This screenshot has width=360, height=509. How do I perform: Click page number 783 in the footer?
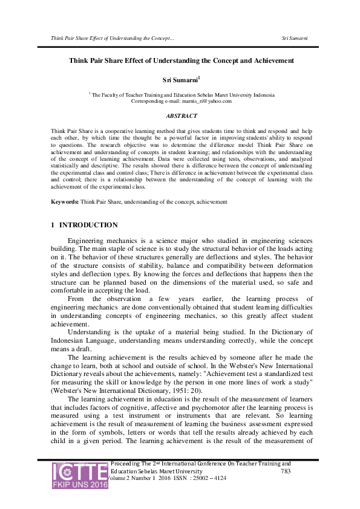(x=288, y=470)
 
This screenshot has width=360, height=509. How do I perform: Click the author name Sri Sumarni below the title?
(x=180, y=79)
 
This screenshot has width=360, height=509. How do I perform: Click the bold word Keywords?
(x=64, y=201)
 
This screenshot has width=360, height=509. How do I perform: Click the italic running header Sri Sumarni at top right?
(x=295, y=38)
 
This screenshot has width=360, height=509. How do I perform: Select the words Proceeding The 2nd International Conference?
(x=175, y=463)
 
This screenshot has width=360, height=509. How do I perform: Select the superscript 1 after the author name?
(x=199, y=77)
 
